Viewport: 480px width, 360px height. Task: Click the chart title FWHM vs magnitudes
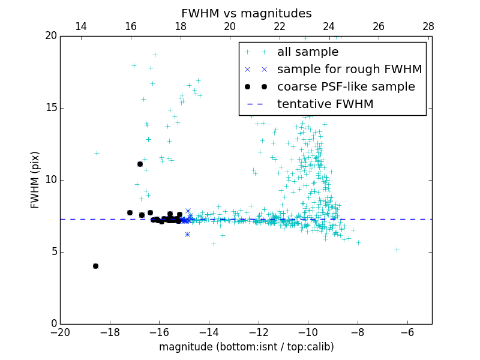(x=246, y=13)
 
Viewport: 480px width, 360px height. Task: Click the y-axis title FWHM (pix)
(x=35, y=179)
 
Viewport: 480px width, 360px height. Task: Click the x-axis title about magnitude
(x=246, y=347)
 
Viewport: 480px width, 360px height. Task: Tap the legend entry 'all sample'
(x=308, y=52)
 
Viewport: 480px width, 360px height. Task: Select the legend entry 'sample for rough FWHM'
(x=349, y=70)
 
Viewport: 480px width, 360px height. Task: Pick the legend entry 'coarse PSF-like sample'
(x=346, y=87)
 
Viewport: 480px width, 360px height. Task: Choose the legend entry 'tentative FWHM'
(x=325, y=104)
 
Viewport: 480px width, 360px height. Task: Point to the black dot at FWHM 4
(x=95, y=266)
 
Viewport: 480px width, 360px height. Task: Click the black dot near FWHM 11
(x=140, y=164)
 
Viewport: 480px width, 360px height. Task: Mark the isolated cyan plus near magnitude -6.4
(x=397, y=250)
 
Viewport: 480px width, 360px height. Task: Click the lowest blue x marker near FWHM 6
(x=187, y=234)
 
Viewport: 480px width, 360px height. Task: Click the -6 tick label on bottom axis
(x=407, y=332)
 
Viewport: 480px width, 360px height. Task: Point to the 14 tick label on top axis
(x=81, y=26)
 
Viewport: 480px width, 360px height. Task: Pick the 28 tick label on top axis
(x=428, y=26)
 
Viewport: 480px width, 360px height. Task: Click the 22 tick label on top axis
(x=280, y=26)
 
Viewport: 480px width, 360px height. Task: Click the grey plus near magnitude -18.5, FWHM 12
(x=97, y=153)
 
